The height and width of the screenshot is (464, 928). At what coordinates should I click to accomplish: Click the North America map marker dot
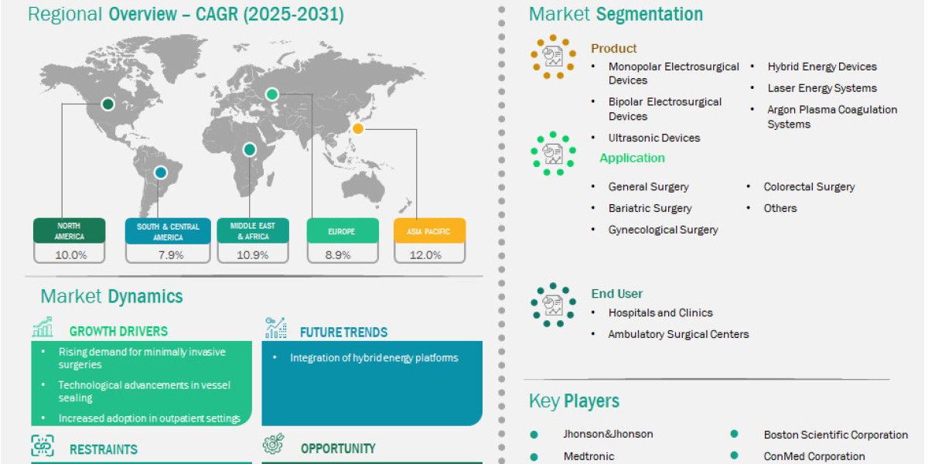point(107,104)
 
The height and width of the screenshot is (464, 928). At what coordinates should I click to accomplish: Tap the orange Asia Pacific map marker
point(358,129)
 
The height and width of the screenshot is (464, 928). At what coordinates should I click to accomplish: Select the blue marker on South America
point(161,172)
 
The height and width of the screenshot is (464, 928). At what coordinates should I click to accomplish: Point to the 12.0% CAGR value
point(425,254)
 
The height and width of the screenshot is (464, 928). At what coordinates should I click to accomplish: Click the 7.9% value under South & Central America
point(171,254)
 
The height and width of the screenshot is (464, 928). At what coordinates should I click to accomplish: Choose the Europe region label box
point(343,230)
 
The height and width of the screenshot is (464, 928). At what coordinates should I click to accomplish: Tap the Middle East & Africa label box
point(253,230)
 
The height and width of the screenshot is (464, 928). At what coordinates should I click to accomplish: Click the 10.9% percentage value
point(252,254)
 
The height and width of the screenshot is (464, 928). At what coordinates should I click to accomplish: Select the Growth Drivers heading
point(118,332)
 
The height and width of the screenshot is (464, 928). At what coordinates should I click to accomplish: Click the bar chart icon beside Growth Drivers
point(43,327)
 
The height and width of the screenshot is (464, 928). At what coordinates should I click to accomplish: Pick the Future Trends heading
point(344,333)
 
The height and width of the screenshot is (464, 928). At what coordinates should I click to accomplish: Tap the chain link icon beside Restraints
point(43,445)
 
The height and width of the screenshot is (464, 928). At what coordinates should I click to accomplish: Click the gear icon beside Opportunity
point(274,444)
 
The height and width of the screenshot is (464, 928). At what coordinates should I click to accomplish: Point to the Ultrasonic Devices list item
point(654,138)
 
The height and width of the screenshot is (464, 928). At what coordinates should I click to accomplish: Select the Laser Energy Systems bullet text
point(822,88)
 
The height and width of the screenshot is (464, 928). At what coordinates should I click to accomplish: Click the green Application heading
point(633,158)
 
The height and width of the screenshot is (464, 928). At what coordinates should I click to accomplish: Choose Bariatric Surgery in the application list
point(650,208)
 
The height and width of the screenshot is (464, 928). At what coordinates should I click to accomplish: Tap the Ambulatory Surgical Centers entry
point(679,334)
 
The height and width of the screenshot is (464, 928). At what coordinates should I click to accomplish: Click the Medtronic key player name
point(589,456)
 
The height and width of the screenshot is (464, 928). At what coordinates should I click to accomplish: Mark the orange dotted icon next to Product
point(553,56)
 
